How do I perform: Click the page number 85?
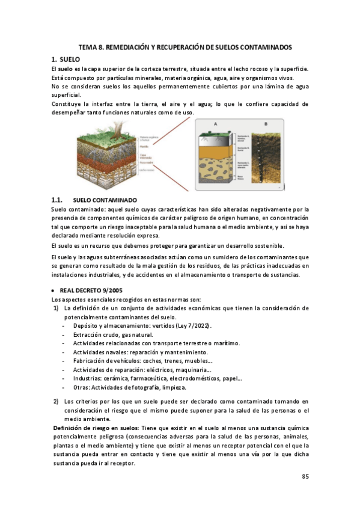305,476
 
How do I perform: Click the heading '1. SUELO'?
62,59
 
